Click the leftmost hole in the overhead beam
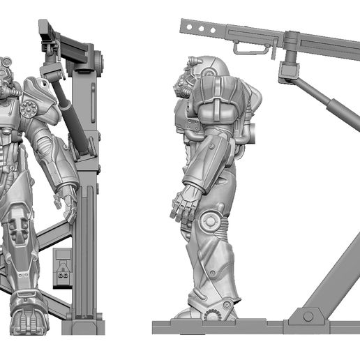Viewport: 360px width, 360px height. coord(190,27)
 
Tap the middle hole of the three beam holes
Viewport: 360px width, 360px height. coord(200,28)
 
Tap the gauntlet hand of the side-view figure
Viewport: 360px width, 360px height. coord(183,203)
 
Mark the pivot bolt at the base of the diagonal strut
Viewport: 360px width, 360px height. coord(308,316)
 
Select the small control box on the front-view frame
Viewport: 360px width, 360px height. coord(62,269)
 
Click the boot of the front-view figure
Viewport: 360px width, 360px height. coord(27,317)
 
